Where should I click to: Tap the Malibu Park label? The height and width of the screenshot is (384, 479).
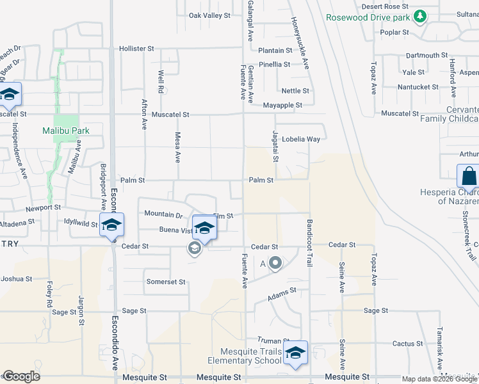65,131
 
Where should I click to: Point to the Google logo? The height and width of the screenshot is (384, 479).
21,376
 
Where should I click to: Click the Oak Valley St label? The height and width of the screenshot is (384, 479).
209,15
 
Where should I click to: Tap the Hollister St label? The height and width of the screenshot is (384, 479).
137,48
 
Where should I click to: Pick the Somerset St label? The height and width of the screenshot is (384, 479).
166,282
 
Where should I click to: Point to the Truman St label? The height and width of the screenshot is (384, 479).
273,340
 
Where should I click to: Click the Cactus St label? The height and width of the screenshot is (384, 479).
407,344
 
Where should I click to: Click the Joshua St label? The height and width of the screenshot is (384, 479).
16,278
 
